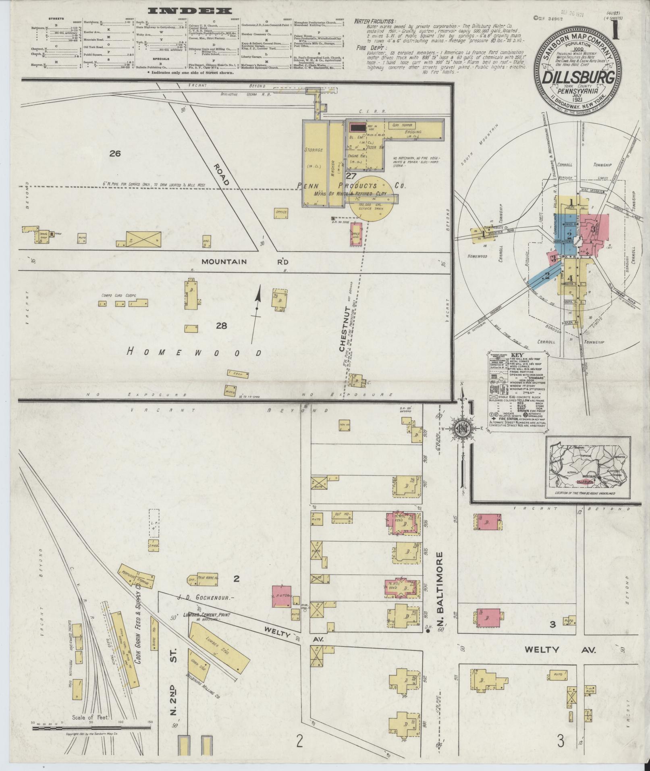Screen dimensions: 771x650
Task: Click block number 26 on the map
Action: [115, 154]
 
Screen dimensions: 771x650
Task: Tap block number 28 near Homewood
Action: [221, 326]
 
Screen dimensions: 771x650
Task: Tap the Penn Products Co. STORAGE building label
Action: [315, 150]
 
